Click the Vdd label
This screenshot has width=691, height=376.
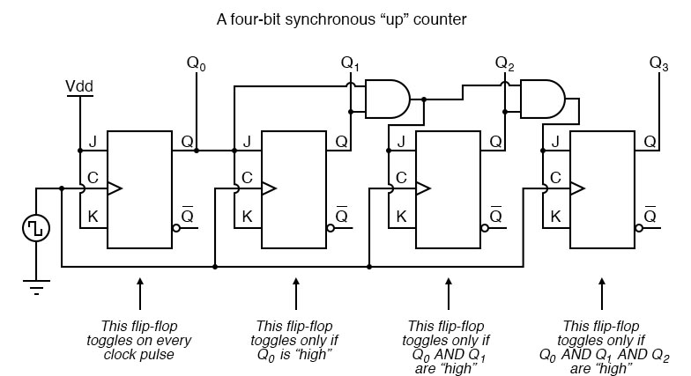click(x=79, y=87)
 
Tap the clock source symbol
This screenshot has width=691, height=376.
click(x=36, y=228)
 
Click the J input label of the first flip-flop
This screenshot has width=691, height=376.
click(x=93, y=141)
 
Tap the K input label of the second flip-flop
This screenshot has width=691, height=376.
click(x=248, y=216)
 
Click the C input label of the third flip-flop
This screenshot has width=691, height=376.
click(x=401, y=178)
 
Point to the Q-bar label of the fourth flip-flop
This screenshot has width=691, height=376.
click(x=650, y=216)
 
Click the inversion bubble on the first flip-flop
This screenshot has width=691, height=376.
click(x=175, y=227)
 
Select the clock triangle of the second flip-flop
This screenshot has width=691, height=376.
click(x=269, y=188)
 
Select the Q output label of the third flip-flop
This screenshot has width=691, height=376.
click(x=495, y=141)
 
